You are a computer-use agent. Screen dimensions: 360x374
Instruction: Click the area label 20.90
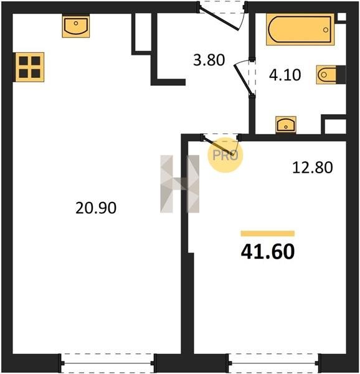click(96, 208)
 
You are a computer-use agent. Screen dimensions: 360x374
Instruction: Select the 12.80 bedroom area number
click(312, 168)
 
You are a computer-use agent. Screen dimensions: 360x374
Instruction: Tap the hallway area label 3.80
click(209, 60)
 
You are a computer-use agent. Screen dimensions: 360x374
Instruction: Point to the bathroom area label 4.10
click(285, 75)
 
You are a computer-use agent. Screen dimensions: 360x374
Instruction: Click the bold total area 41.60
click(268, 252)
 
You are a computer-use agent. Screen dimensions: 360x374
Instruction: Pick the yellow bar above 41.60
click(268, 234)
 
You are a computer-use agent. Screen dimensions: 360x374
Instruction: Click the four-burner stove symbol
click(30, 67)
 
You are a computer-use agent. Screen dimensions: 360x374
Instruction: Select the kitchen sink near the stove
click(76, 26)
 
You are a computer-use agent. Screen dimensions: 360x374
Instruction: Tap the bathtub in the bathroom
click(300, 29)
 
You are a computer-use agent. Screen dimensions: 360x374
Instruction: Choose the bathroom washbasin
click(286, 125)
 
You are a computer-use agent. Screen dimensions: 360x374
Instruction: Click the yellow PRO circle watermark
click(225, 155)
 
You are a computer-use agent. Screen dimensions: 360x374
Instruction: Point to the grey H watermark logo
click(179, 184)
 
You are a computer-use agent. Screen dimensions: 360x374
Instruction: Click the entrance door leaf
click(218, 19)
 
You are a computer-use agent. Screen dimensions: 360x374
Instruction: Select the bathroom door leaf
click(243, 79)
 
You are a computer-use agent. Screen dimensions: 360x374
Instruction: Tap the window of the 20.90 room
click(108, 363)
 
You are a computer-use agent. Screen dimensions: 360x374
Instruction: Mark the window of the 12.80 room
click(273, 363)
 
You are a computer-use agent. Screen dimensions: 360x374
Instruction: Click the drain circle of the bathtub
click(326, 30)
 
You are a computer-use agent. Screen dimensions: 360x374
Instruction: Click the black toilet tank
click(341, 75)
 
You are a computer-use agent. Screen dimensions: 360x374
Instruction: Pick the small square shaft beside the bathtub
click(342, 17)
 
